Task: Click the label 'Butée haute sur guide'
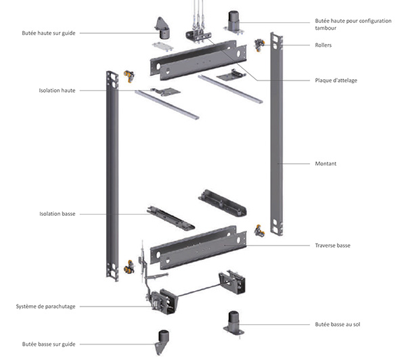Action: click(49, 32)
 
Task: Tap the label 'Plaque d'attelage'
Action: click(336, 81)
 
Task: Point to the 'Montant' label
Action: click(327, 164)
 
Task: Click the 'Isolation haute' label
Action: click(58, 90)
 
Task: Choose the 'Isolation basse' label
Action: click(58, 214)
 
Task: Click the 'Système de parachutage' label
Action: click(47, 307)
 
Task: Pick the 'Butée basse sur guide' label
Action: click(49, 344)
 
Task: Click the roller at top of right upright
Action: click(258, 45)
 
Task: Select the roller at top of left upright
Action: click(127, 75)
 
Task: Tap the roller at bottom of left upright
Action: click(127, 268)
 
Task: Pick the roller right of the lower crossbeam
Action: click(258, 231)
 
